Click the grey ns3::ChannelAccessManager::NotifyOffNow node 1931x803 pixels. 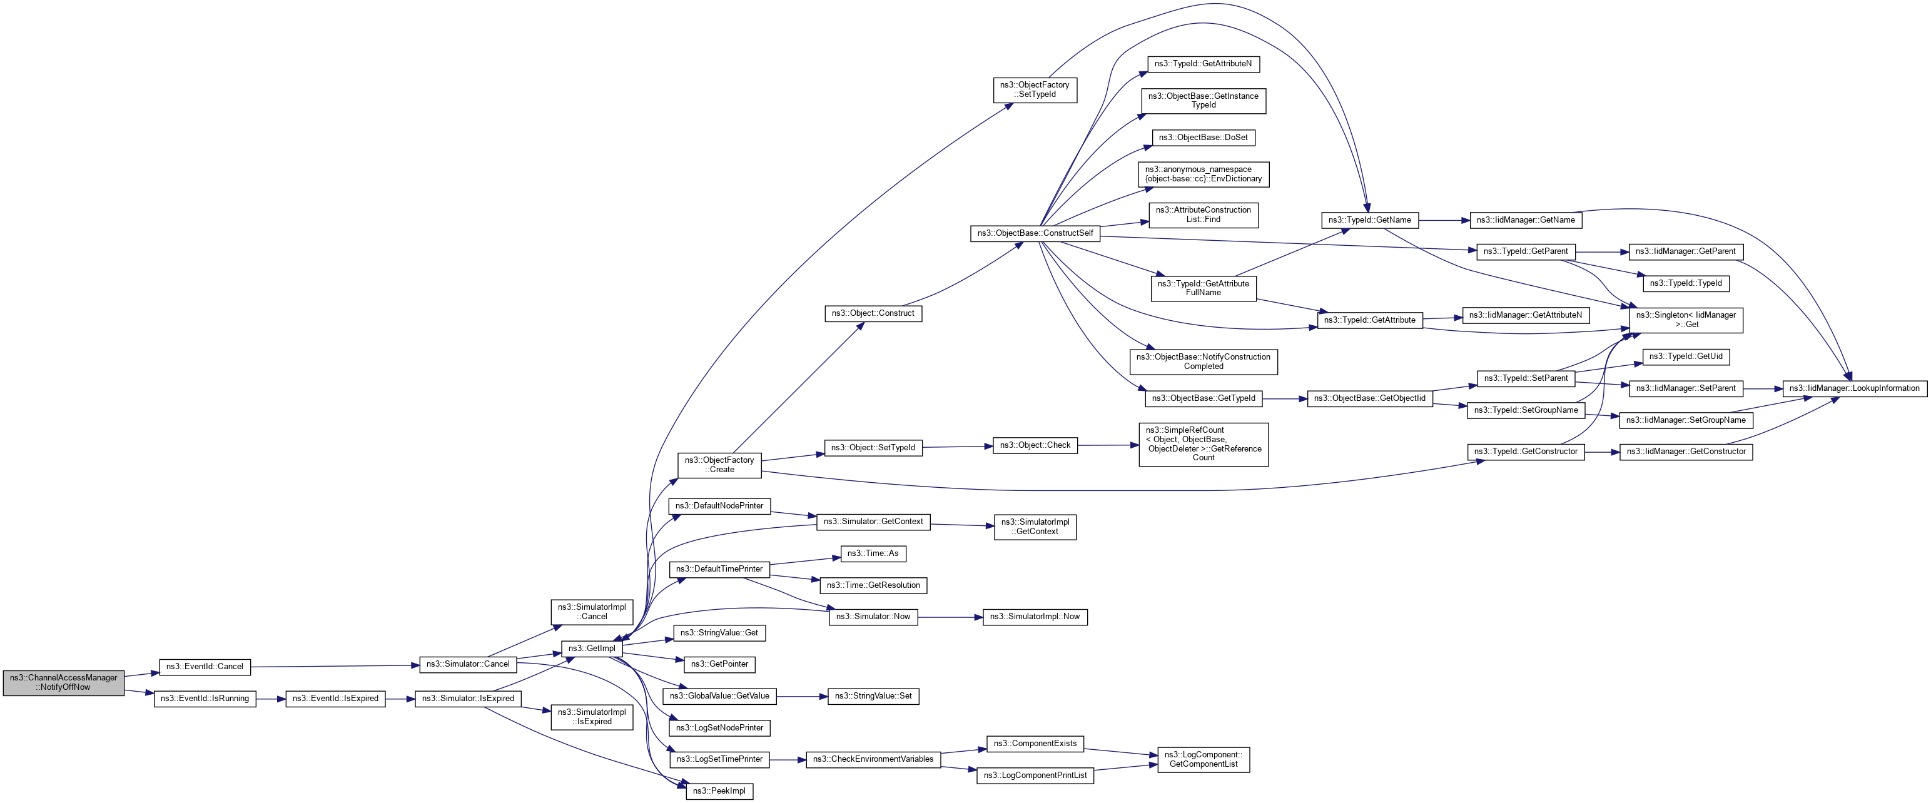coord(64,682)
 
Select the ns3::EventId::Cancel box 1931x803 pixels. coord(205,667)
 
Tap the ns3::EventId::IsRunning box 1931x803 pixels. coord(205,698)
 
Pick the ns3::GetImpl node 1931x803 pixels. coord(592,649)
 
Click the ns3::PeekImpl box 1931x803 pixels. coord(719,791)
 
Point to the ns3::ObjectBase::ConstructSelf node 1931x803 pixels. coord(1035,233)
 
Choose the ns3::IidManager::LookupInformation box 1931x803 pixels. coord(1854,388)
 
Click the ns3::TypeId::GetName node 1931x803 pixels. coord(1369,220)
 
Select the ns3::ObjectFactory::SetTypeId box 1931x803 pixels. coord(1035,90)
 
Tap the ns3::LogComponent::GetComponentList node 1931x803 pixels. coord(1203,759)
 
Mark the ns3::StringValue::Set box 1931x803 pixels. coord(873,696)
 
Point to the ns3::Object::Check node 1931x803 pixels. coord(1035,445)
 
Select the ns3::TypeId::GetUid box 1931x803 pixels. coord(1685,356)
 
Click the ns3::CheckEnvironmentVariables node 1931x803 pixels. coord(873,759)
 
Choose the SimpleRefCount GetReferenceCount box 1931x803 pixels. coord(1203,444)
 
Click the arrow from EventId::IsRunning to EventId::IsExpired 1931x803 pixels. coord(271,699)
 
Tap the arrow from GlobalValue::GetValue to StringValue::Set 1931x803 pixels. coord(801,697)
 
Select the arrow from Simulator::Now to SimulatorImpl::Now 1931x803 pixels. coord(950,618)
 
